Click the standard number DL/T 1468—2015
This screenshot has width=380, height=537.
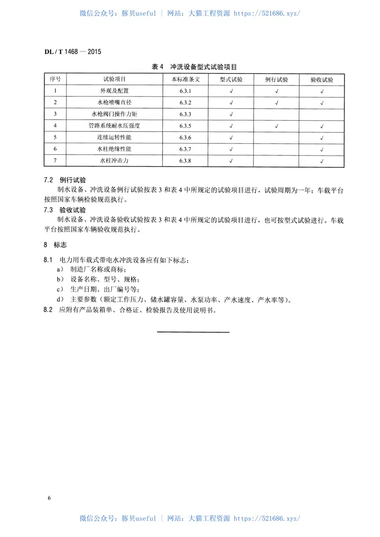(72, 51)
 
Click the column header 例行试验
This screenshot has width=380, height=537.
(276, 79)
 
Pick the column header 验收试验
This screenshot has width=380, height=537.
(322, 79)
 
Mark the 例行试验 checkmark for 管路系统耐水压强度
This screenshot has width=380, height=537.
(276, 126)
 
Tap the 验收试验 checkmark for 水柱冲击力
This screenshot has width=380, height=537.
(322, 161)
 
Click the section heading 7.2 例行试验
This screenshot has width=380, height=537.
(65, 180)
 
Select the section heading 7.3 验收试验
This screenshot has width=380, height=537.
(65, 209)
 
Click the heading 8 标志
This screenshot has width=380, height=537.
(55, 245)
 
